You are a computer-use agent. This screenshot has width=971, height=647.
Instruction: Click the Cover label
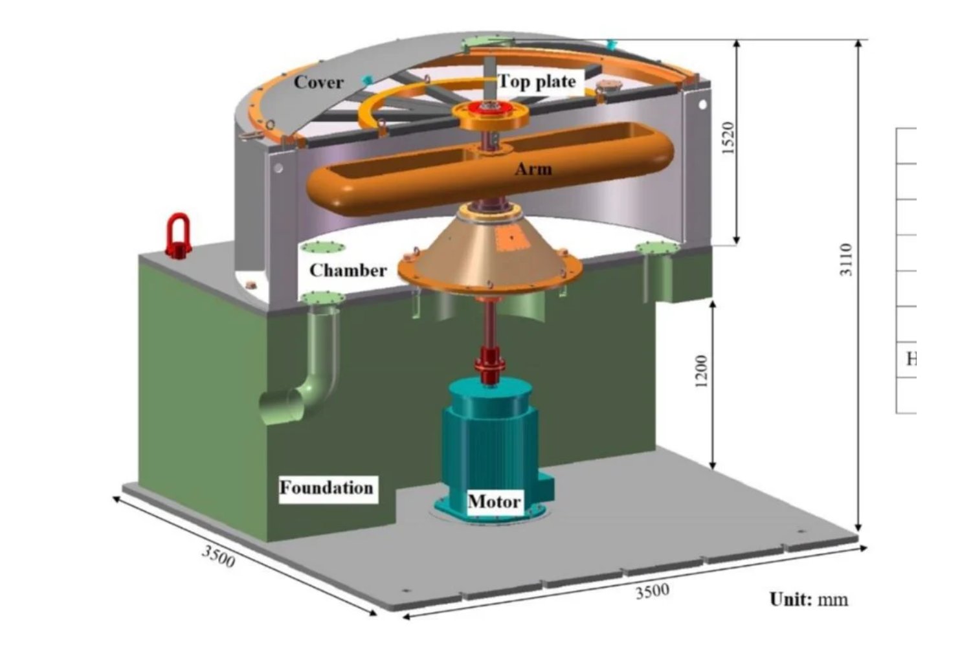318,82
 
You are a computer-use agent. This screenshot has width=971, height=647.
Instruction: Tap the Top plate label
537,82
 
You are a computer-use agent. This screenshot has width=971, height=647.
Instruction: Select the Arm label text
533,170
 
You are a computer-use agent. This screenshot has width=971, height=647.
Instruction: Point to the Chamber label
348,270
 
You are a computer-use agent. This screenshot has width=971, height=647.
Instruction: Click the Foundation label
326,487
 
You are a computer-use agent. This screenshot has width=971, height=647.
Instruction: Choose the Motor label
494,501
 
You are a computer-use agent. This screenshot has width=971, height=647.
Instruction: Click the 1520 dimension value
728,138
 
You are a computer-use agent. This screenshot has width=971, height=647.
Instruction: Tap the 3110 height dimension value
846,259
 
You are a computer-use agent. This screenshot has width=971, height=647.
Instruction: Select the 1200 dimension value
701,371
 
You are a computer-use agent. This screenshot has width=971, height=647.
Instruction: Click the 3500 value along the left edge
218,555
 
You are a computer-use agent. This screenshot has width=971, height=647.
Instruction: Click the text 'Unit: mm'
809,599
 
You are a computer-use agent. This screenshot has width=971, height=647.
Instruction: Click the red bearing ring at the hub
491,108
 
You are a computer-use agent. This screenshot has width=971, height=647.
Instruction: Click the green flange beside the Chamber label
321,248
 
